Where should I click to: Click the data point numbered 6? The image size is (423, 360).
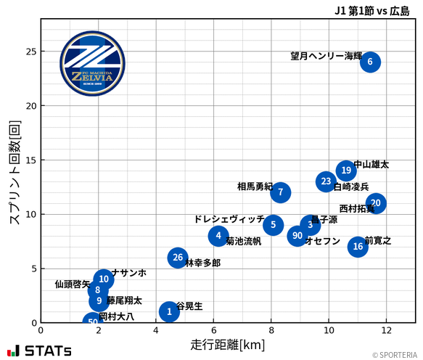point(370,62)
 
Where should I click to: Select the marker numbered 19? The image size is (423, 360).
point(346,171)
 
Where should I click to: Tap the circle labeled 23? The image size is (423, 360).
point(326,181)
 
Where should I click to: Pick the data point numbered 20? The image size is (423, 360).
point(375,203)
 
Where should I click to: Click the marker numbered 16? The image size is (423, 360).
point(358,247)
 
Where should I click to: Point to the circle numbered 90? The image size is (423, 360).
point(296,236)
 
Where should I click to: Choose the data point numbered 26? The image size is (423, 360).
point(178,258)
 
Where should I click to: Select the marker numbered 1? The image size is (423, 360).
point(169,312)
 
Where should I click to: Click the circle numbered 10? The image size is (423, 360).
point(104,279)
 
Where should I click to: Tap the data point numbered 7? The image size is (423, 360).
point(280,192)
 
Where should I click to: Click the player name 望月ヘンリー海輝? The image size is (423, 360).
point(326,56)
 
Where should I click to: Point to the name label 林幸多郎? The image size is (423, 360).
point(203,263)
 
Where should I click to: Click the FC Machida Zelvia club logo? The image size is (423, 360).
point(86,64)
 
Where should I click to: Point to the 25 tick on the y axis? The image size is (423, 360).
point(31,52)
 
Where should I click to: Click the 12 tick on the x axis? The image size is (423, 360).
point(385,331)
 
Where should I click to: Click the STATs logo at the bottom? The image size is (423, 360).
point(40,351)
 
